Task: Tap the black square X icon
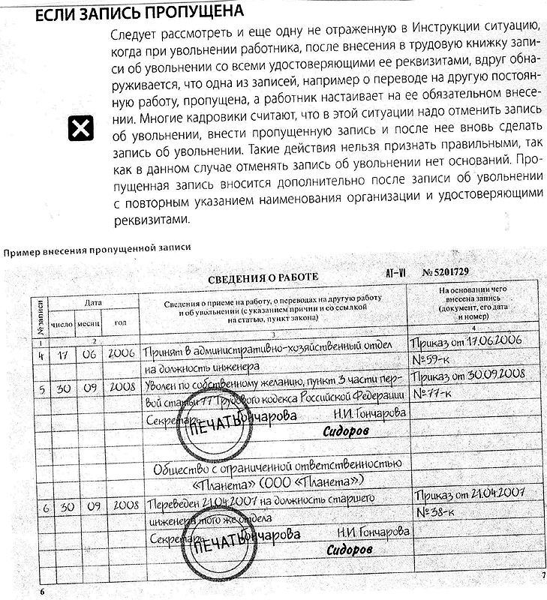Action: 80,129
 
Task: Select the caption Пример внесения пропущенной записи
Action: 97,247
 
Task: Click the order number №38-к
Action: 436,513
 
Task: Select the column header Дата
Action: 93,303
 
